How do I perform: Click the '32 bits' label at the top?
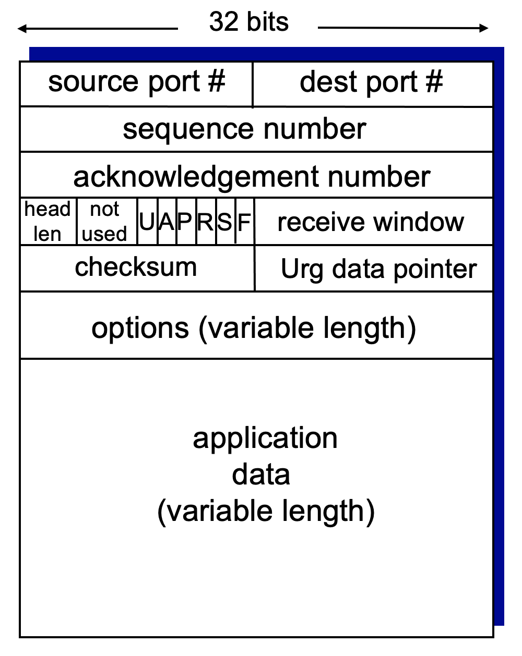click(248, 22)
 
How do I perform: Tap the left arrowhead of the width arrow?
click(22, 29)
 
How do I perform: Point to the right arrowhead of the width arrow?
click(484, 28)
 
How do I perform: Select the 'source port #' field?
click(136, 82)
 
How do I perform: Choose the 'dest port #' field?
click(372, 82)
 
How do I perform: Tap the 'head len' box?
click(48, 222)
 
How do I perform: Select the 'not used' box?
click(105, 222)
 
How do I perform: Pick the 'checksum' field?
click(136, 267)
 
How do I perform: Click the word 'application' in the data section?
click(265, 438)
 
